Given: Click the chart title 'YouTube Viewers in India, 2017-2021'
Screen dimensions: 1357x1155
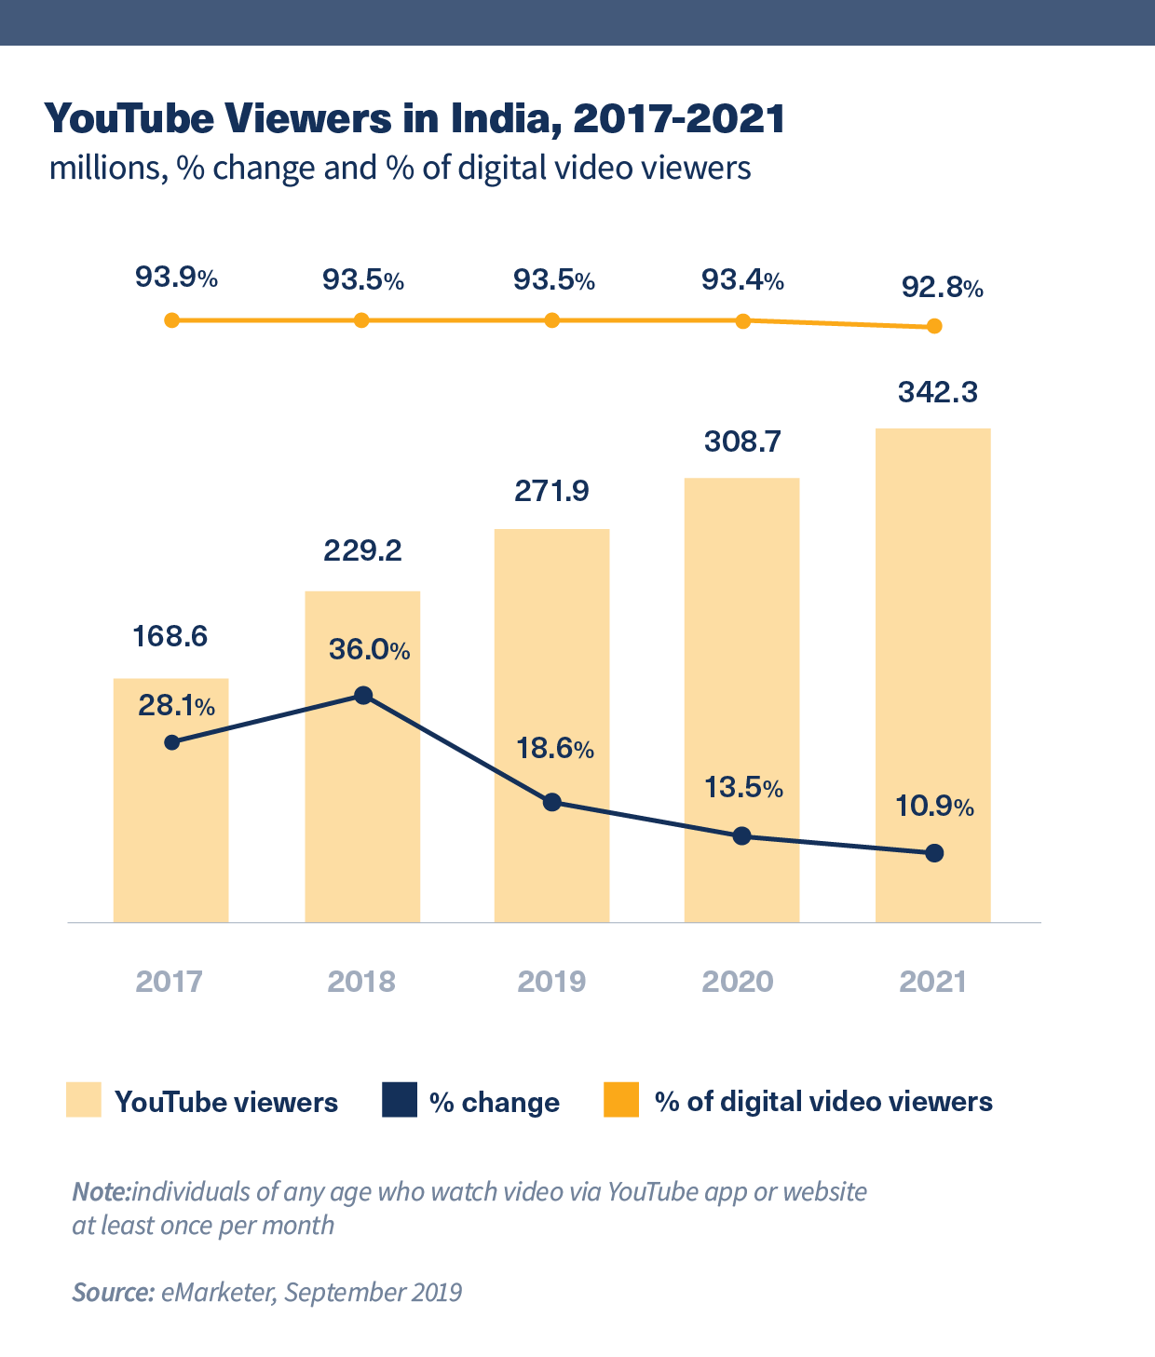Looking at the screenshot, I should click(414, 119).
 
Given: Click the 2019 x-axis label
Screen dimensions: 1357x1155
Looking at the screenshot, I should click(551, 981).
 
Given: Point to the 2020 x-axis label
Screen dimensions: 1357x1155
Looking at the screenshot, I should click(738, 981).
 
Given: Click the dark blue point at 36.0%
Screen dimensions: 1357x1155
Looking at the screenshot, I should click(364, 696).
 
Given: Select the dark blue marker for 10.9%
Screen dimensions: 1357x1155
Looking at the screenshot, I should click(935, 853).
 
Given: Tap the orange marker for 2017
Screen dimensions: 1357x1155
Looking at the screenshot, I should click(171, 320).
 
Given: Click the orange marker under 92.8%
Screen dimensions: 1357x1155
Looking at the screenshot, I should click(934, 326).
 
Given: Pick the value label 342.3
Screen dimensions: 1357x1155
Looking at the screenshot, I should click(937, 392).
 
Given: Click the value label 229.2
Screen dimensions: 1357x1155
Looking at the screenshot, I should click(362, 550).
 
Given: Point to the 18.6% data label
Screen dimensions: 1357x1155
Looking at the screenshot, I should click(555, 748).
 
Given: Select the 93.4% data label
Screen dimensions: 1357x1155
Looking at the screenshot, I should click(741, 279).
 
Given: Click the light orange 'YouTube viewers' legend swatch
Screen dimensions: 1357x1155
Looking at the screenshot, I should click(83, 1100).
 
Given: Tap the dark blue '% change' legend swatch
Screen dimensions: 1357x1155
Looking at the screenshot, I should click(399, 1100).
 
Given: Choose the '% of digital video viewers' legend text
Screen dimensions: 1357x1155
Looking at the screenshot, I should click(823, 1102).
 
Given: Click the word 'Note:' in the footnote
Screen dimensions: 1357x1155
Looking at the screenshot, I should click(102, 1192).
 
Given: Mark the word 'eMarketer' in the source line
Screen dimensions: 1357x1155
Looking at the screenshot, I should click(216, 1293).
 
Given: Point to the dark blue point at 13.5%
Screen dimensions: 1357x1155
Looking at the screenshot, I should click(741, 835).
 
